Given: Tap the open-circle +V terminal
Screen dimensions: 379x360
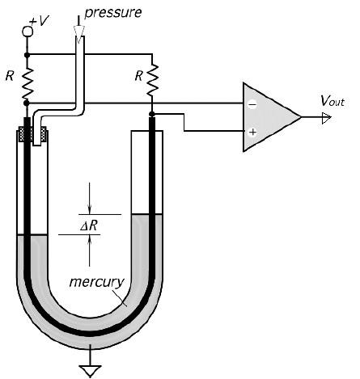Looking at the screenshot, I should [x=27, y=31].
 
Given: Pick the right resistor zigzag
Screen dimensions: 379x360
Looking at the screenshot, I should [x=151, y=80].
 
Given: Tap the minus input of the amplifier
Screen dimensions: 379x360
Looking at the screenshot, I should [x=252, y=104].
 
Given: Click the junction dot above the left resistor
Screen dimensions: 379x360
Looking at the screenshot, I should [x=27, y=55].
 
